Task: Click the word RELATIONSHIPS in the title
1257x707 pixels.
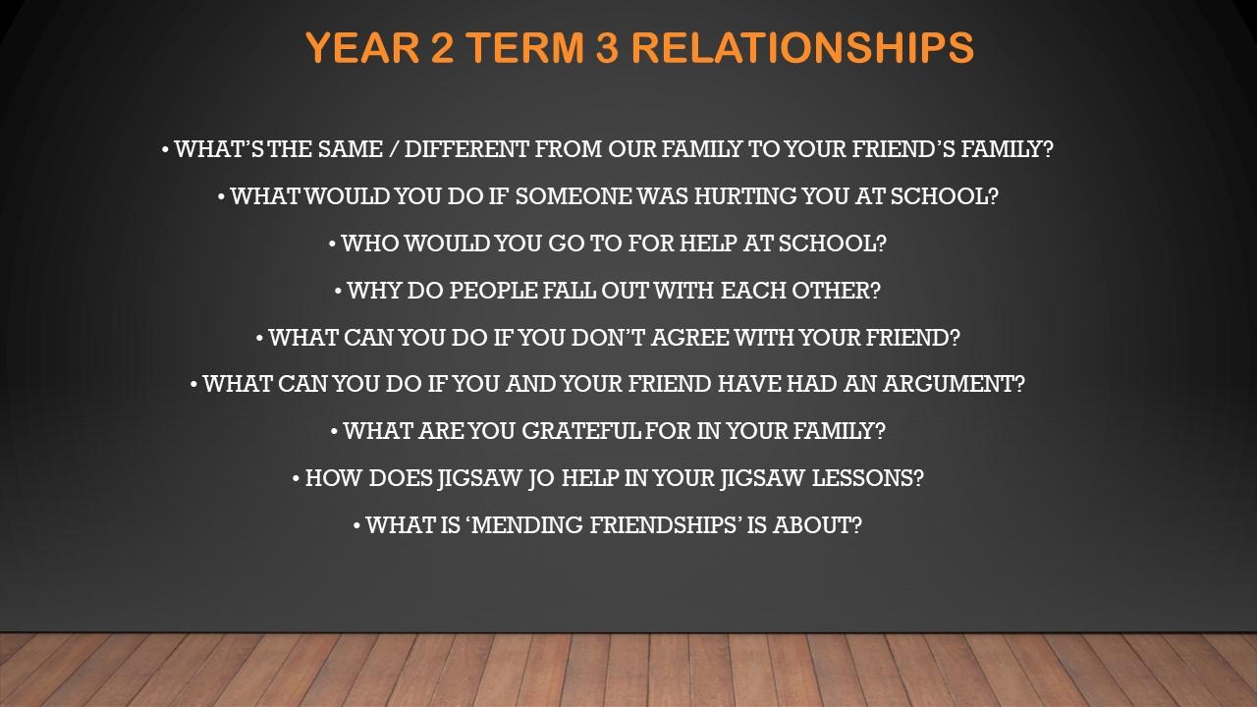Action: tap(802, 47)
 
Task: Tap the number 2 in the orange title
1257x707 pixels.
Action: tap(443, 47)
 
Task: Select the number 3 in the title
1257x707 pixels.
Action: tap(607, 47)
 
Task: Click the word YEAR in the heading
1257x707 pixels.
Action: tap(363, 47)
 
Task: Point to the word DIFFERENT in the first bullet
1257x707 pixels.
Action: tap(466, 149)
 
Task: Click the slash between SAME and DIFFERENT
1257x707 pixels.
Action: tap(394, 150)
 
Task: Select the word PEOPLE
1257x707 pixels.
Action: tap(493, 291)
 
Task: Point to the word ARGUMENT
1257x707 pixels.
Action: tap(948, 384)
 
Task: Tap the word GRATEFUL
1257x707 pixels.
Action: tap(580, 431)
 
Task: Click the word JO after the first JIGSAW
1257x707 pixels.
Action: tap(541, 478)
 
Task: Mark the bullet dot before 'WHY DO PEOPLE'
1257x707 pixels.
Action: tap(338, 292)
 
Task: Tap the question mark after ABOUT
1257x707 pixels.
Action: tap(856, 525)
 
